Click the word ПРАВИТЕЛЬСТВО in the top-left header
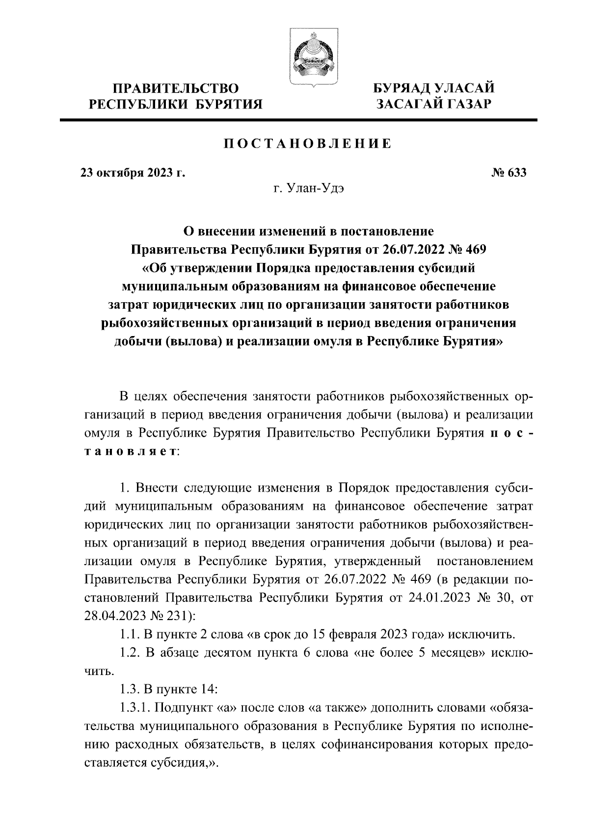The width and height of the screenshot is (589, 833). (x=176, y=89)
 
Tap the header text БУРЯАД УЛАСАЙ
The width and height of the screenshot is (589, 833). (x=433, y=89)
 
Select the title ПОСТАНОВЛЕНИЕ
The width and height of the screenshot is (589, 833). (x=308, y=144)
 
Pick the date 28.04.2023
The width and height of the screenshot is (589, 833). (x=116, y=616)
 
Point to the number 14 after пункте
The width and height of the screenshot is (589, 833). (x=206, y=689)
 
